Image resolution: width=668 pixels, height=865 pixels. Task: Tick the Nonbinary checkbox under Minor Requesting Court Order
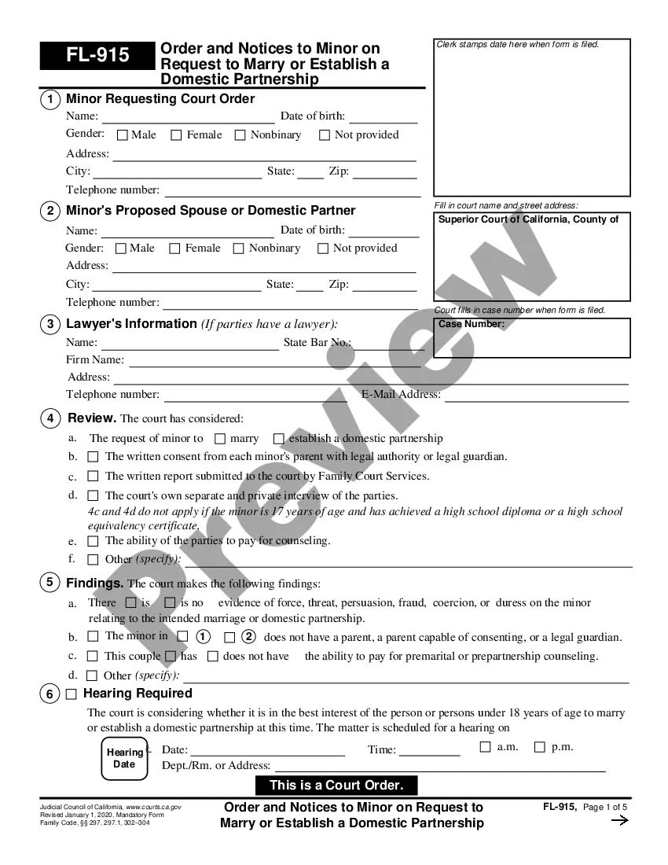pos(240,135)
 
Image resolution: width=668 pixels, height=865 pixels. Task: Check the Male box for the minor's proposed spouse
pos(120,248)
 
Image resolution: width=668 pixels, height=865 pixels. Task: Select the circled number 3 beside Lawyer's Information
pos(50,324)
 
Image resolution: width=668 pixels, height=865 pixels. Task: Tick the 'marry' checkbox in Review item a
pos(220,439)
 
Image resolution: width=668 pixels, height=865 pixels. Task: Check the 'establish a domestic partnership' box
pos(279,439)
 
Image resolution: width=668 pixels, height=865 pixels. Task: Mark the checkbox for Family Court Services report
pos(93,476)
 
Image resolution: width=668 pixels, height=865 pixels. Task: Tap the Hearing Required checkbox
pos(72,694)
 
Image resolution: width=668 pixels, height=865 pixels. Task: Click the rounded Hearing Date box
pos(124,758)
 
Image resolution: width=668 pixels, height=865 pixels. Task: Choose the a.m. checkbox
pos(485,747)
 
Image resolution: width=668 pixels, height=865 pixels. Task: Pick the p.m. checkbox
pos(539,747)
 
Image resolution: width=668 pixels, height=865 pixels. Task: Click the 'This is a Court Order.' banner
pos(336,785)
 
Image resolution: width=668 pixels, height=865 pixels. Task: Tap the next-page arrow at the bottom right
pos(619,821)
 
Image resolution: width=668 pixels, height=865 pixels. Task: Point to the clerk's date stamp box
pos(532,118)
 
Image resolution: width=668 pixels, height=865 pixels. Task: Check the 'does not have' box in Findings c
pos(213,656)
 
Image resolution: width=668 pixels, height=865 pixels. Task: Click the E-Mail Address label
pos(401,395)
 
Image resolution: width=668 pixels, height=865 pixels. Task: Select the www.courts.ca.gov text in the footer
pos(153,808)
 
